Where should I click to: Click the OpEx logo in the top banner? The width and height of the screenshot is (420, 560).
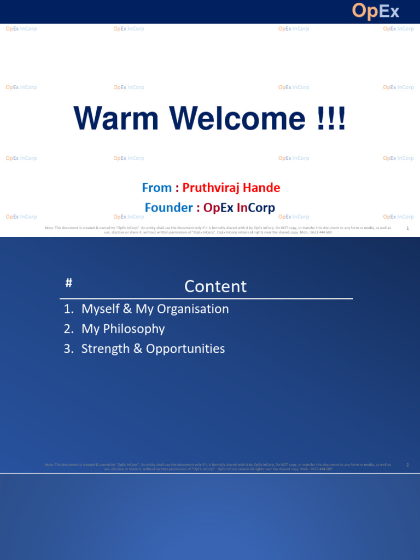(375, 11)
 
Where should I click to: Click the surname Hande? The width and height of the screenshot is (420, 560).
(260, 188)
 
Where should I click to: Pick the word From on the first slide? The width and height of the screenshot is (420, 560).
(157, 188)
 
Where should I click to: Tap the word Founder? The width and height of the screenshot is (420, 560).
(168, 208)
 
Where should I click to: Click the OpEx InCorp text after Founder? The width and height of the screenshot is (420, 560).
(239, 208)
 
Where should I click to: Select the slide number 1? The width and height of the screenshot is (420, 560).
(408, 227)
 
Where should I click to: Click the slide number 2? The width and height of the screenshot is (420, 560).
(408, 465)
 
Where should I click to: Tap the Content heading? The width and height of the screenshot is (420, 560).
(215, 286)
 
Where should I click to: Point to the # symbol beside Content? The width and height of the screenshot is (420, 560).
(69, 283)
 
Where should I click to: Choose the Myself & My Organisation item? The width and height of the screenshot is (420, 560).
(155, 309)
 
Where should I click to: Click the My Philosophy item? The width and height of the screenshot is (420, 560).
(123, 329)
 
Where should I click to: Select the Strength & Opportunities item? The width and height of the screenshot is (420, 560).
(153, 349)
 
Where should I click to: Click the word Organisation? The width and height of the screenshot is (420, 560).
(193, 309)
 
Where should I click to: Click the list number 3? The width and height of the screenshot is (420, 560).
(67, 349)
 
